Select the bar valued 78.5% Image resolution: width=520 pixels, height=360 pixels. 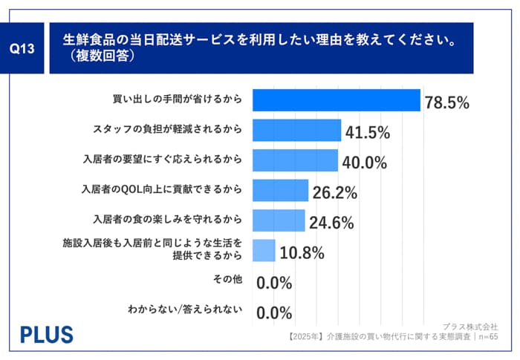click(x=337, y=100)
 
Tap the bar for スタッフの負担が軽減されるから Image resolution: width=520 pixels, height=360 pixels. click(x=296, y=131)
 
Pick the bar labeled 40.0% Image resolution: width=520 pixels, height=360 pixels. click(x=295, y=160)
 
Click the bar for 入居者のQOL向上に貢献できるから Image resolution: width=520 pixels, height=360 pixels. click(x=280, y=191)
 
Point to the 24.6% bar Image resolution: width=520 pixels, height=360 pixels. click(x=279, y=220)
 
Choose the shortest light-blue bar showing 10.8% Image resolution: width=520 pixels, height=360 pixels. click(x=264, y=251)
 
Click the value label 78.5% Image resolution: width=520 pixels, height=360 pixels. click(x=447, y=103)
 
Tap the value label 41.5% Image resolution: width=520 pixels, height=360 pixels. click(x=368, y=134)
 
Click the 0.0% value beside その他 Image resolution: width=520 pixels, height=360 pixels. click(x=274, y=283)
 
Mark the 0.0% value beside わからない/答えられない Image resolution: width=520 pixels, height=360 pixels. click(x=274, y=312)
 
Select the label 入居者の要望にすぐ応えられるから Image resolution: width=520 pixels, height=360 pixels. click(x=162, y=160)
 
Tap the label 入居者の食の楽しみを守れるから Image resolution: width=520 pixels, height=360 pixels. click(x=167, y=220)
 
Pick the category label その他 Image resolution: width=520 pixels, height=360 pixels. click(x=227, y=280)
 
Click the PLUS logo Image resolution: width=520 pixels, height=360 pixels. click(x=46, y=334)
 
